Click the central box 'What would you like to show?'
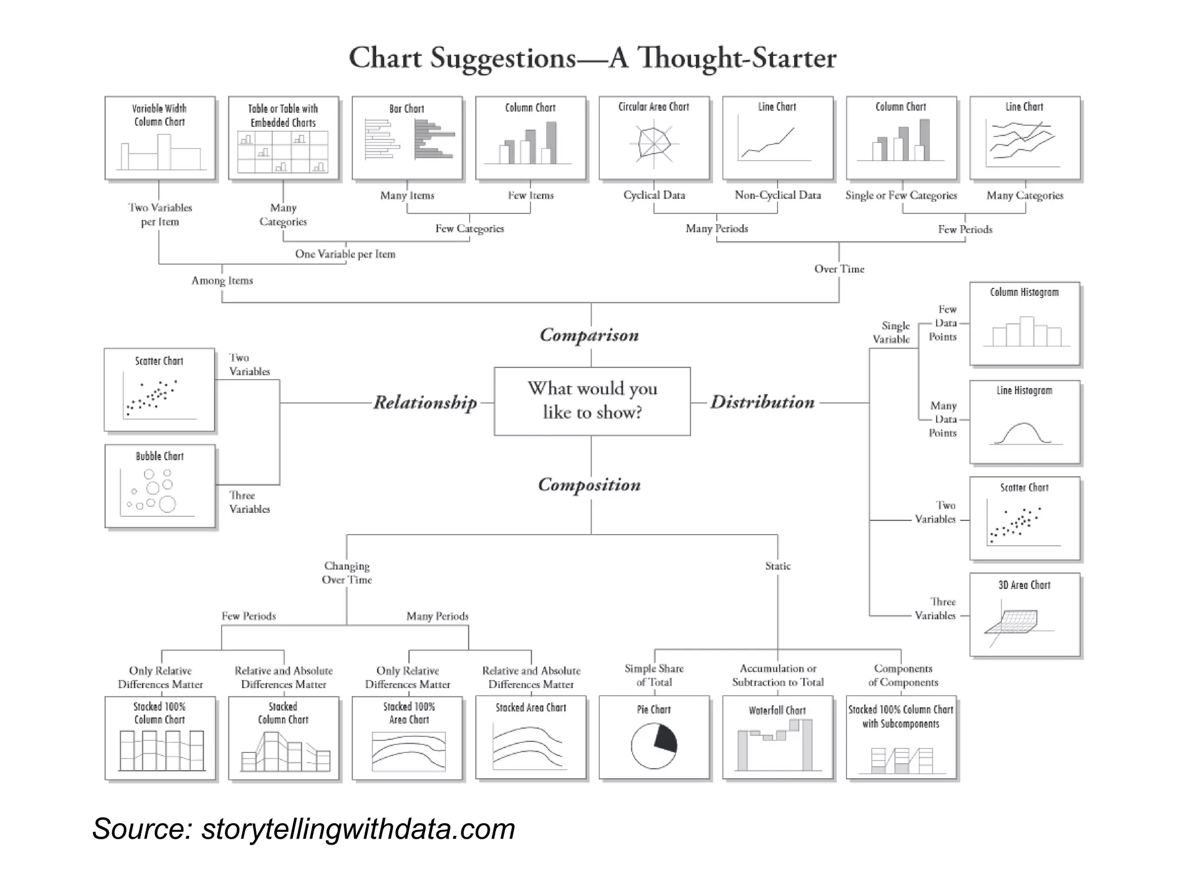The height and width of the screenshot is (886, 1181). click(x=592, y=401)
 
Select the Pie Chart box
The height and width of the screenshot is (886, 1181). click(x=654, y=737)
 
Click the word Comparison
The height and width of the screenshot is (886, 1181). click(x=589, y=335)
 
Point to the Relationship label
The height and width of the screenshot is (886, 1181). click(x=425, y=402)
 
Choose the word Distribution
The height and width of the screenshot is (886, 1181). click(x=762, y=402)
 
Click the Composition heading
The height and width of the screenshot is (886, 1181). click(x=589, y=485)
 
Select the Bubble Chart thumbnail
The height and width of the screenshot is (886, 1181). click(x=160, y=486)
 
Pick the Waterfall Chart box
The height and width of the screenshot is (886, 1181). click(x=777, y=737)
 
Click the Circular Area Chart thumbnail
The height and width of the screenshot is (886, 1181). click(x=654, y=138)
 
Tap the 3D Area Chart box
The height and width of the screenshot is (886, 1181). click(x=1024, y=614)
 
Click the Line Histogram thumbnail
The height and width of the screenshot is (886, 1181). click(x=1024, y=422)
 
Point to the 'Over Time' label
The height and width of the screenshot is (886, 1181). click(x=838, y=269)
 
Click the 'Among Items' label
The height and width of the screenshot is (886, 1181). click(x=222, y=281)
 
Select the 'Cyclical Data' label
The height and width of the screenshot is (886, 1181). click(x=654, y=196)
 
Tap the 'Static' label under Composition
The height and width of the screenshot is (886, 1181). click(x=777, y=566)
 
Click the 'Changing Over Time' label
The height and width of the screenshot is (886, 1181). click(x=347, y=573)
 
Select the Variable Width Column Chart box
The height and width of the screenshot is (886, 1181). click(x=160, y=138)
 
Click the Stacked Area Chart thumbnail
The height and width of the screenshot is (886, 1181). click(x=531, y=737)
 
